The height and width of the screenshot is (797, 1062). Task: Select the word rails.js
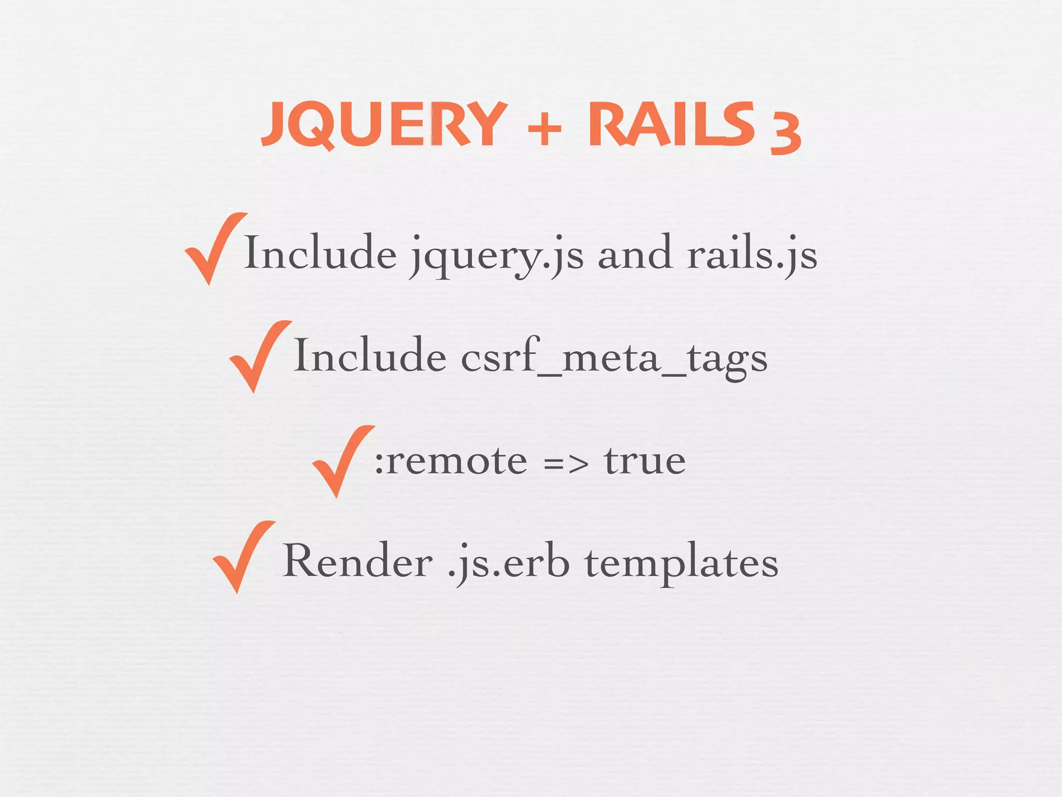(x=752, y=254)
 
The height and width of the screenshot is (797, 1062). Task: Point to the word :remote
(x=451, y=461)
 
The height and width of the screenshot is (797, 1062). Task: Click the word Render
(x=358, y=561)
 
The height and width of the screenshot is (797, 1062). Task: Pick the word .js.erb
(x=508, y=564)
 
